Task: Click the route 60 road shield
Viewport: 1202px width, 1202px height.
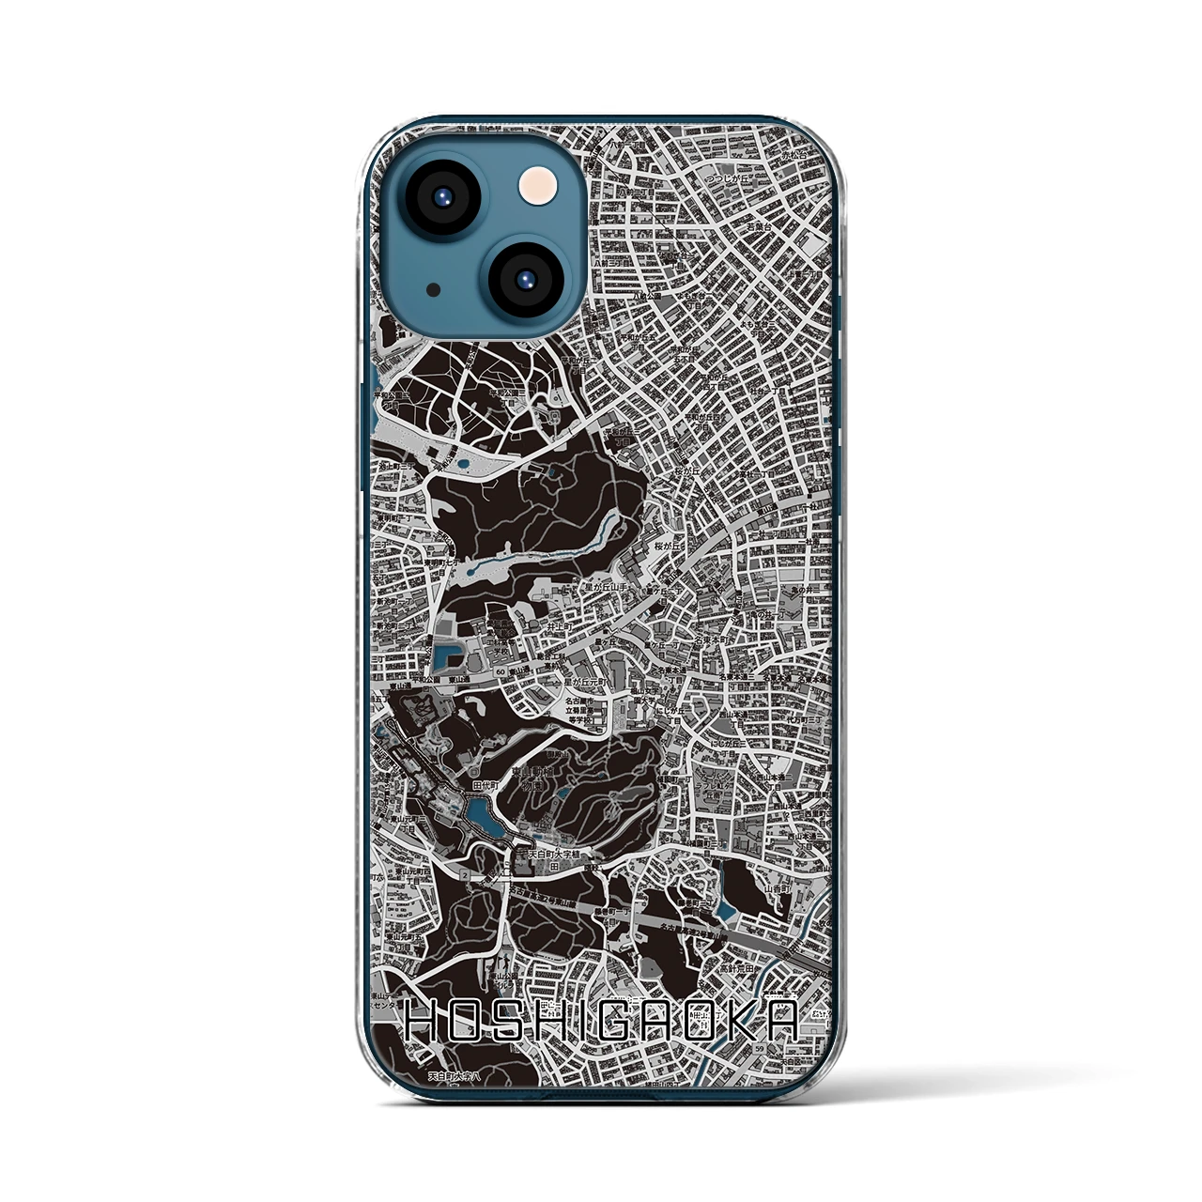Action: click(x=501, y=671)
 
